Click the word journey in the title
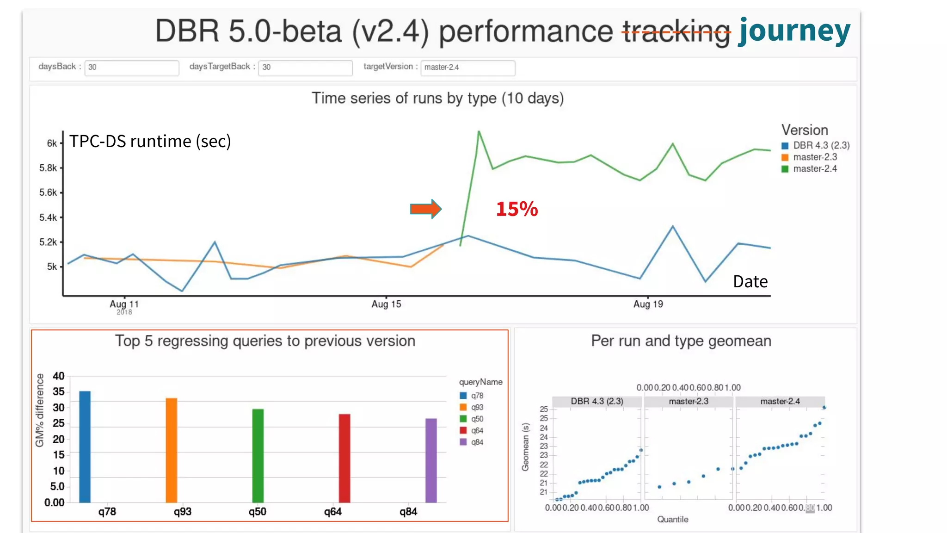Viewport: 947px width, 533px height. (x=794, y=31)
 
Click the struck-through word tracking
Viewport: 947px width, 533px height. (x=676, y=31)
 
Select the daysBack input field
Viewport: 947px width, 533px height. (x=131, y=68)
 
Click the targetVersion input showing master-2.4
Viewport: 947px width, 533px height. (x=467, y=68)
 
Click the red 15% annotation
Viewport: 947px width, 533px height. (x=517, y=209)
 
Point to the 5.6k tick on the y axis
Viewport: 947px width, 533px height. (x=48, y=192)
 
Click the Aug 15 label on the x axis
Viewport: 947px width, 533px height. (x=386, y=304)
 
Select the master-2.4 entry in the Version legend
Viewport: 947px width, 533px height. (x=814, y=169)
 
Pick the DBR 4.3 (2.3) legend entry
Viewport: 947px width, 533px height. (x=821, y=145)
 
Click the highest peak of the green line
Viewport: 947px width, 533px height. (x=479, y=132)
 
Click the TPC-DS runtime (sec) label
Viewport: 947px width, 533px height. (x=150, y=141)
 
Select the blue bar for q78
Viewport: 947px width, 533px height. (x=85, y=446)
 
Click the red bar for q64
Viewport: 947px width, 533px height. (x=344, y=458)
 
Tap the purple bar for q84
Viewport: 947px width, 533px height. (x=431, y=460)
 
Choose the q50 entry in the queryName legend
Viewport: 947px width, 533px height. (x=476, y=419)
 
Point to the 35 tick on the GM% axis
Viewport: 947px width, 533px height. (x=59, y=392)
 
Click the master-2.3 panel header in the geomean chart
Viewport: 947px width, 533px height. (x=688, y=401)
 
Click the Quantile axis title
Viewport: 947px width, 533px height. (x=672, y=519)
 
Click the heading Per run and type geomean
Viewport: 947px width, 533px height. (x=681, y=341)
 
